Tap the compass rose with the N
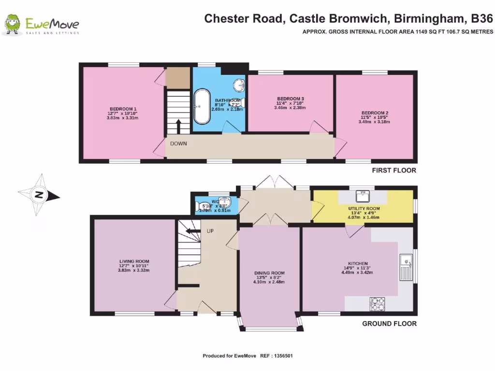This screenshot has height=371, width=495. click(39, 196)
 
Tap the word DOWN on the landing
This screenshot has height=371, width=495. click(178, 143)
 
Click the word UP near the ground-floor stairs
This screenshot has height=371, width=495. click(210, 231)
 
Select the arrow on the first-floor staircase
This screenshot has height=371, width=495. click(178, 127)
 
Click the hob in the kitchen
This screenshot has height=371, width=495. click(377, 303)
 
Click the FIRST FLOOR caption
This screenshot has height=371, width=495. click(394, 171)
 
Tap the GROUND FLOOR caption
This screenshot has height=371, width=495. click(389, 324)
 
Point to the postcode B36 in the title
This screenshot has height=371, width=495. click(480, 19)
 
